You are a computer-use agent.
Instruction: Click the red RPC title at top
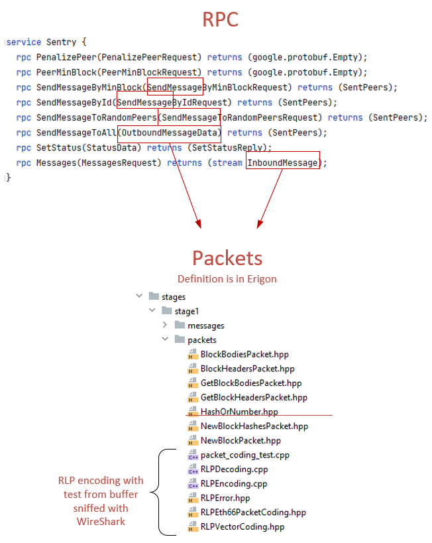[x=220, y=19]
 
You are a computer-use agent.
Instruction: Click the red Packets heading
[x=227, y=258]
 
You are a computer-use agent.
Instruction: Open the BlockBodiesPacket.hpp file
[x=244, y=354]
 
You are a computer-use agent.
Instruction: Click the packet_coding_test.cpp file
[x=244, y=455]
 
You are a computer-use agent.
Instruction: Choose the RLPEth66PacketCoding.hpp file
[x=253, y=513]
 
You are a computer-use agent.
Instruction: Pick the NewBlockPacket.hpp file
[x=241, y=440]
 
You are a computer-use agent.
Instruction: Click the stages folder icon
[x=154, y=297]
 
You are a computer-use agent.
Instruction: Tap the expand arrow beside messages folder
[x=165, y=326]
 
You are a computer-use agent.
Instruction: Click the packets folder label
[x=202, y=340]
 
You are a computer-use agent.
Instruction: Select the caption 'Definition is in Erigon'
[x=227, y=279]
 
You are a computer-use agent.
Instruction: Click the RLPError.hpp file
[x=225, y=498]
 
